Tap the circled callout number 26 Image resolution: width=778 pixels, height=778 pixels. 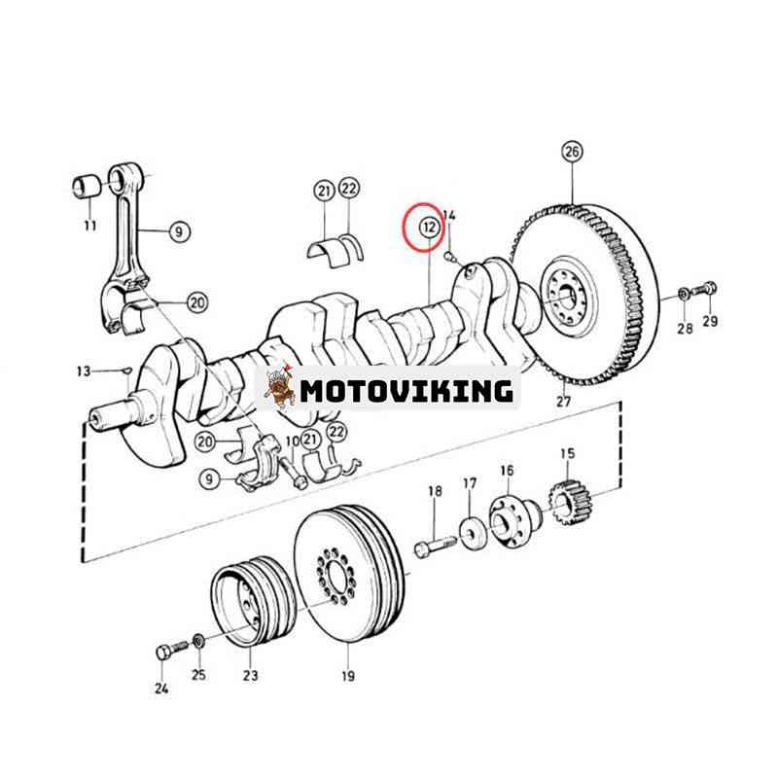click(572, 152)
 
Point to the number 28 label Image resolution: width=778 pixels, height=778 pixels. click(685, 329)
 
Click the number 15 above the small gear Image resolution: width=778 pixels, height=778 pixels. click(567, 454)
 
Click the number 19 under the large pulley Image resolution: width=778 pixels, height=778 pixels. click(348, 675)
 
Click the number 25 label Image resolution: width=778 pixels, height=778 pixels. click(198, 675)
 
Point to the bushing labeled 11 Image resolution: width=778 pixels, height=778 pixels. click(88, 184)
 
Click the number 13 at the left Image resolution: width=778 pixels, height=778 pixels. click(84, 371)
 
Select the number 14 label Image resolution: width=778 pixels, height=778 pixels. click(448, 214)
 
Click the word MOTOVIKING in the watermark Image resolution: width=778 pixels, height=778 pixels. click(406, 391)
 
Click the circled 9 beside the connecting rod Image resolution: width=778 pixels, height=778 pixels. click(178, 231)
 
